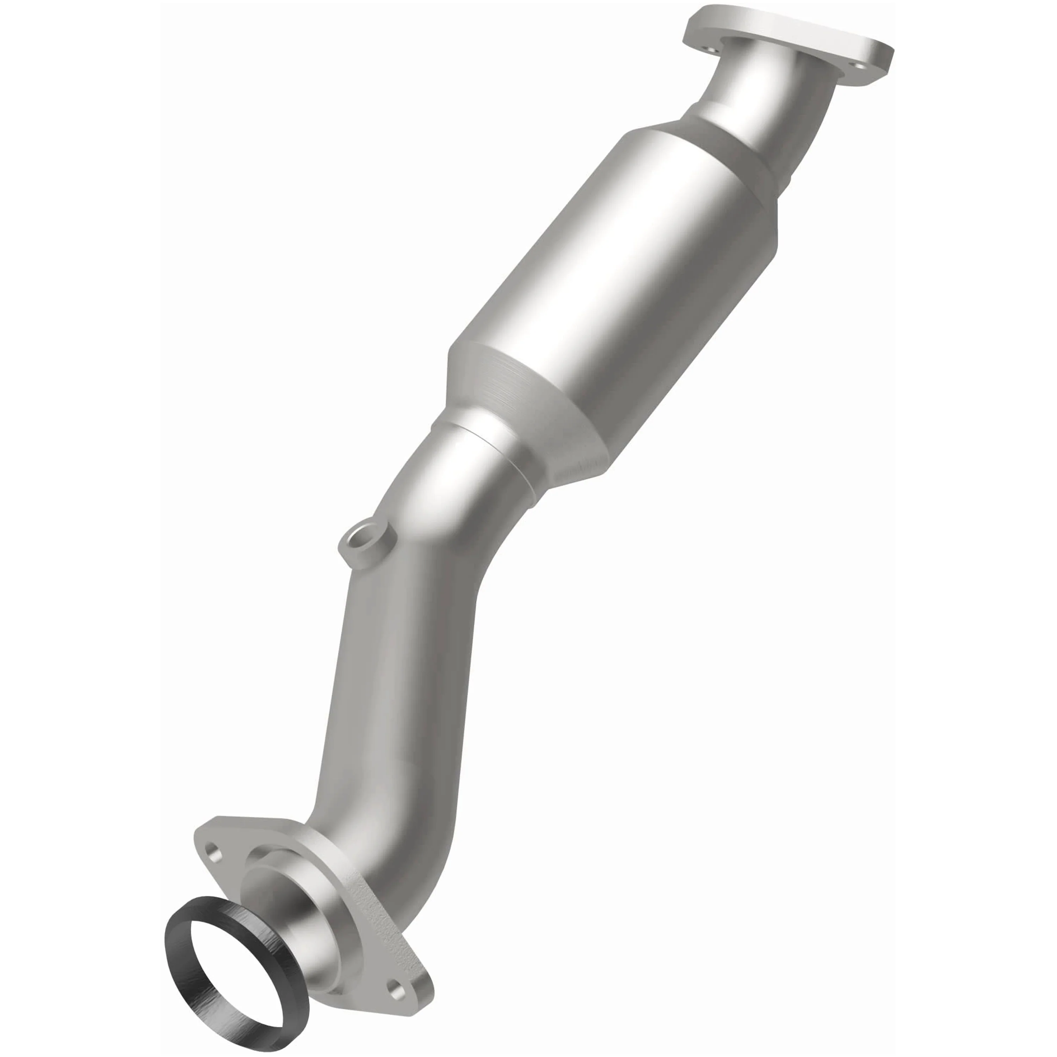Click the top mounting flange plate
788,38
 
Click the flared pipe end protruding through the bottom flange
284,897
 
